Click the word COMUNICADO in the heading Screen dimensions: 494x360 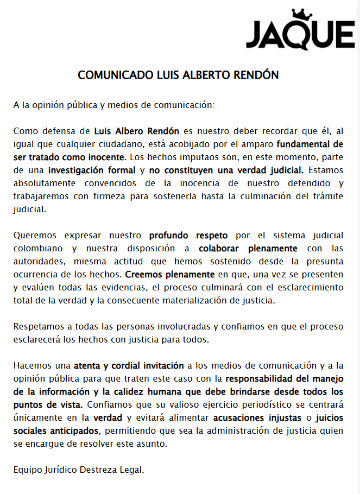coord(111,75)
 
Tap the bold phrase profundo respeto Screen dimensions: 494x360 coord(188,236)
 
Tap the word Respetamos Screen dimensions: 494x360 coord(37,327)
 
